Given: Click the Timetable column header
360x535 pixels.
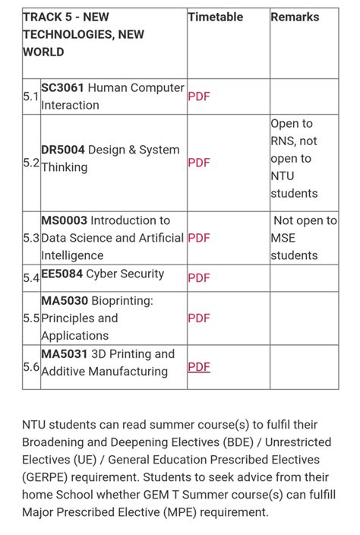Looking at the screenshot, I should (216, 17).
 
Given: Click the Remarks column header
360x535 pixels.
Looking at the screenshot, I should (295, 17).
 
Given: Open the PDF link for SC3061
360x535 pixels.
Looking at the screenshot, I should (198, 97).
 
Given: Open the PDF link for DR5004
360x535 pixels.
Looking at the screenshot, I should (198, 163).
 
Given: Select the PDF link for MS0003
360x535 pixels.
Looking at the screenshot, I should (198, 238).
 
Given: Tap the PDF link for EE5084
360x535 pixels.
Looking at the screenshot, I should (198, 277).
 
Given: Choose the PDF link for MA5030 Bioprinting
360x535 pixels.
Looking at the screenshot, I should (198, 318).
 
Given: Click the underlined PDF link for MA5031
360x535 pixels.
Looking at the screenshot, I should (198, 367).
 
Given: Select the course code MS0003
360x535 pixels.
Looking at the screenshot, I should (64, 220).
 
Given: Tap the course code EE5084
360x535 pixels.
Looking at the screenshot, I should (62, 274).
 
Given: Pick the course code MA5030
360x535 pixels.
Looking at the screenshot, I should (63, 301).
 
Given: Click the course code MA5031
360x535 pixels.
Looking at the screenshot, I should (63, 354).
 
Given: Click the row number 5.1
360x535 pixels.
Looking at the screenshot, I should (30, 97).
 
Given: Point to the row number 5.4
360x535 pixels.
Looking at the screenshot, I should (30, 278).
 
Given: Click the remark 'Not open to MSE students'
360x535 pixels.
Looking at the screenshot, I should (304, 238).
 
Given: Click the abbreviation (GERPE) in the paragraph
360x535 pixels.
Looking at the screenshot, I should (46, 477).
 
